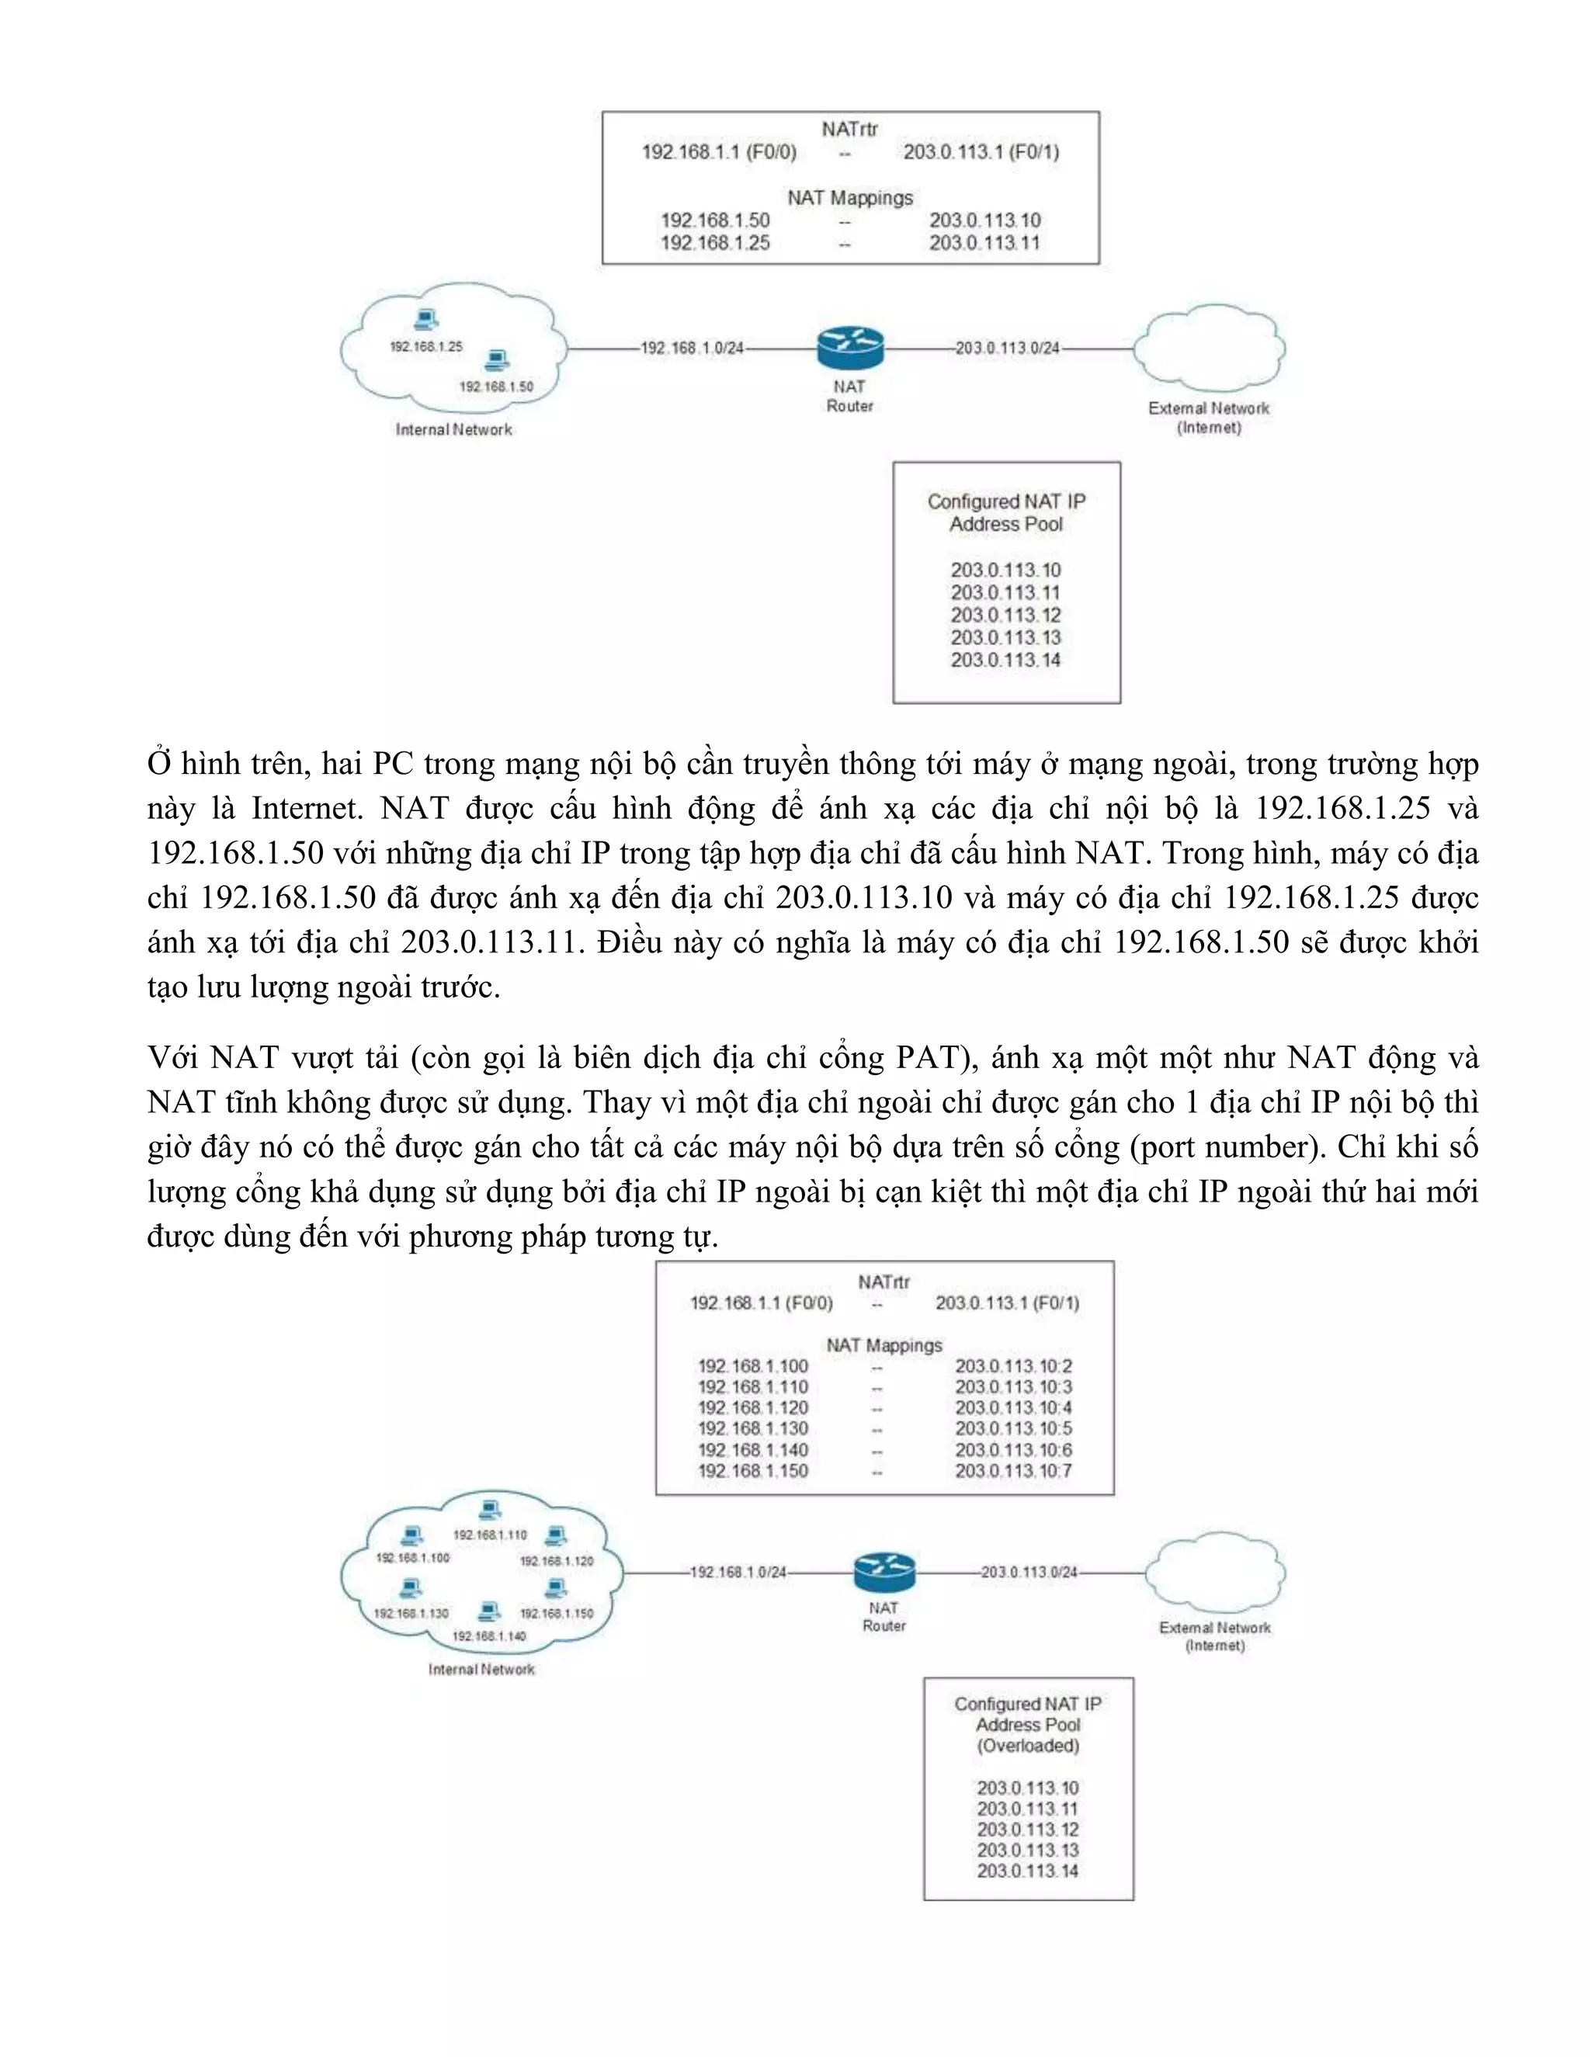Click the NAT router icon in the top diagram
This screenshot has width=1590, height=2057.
[x=849, y=348]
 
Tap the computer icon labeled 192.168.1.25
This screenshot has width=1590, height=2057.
[x=425, y=321]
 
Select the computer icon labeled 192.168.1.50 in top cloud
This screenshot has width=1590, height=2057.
[x=496, y=360]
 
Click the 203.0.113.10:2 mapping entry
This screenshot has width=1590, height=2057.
[x=1013, y=1365]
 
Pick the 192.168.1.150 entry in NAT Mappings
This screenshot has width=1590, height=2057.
[x=752, y=1470]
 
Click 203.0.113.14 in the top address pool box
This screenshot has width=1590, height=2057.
[x=1005, y=659]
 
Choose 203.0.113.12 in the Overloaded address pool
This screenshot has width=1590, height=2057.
[x=1026, y=1829]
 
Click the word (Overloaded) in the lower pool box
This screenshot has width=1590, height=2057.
[x=1028, y=1745]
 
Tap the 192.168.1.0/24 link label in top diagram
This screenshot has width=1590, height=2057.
[x=693, y=348]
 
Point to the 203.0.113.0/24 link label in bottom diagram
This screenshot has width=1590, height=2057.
[x=1029, y=1572]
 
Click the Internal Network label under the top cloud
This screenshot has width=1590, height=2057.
[x=454, y=429]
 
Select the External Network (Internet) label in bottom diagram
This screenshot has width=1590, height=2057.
[x=1215, y=1636]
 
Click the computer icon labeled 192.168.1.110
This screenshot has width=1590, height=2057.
[x=489, y=1510]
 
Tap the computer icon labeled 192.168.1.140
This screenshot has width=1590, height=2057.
[x=489, y=1611]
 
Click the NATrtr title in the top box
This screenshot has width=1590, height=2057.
[x=849, y=129]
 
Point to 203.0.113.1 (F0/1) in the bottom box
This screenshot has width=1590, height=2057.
[x=1007, y=1303]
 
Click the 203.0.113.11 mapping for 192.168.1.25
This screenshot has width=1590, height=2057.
[x=984, y=243]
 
